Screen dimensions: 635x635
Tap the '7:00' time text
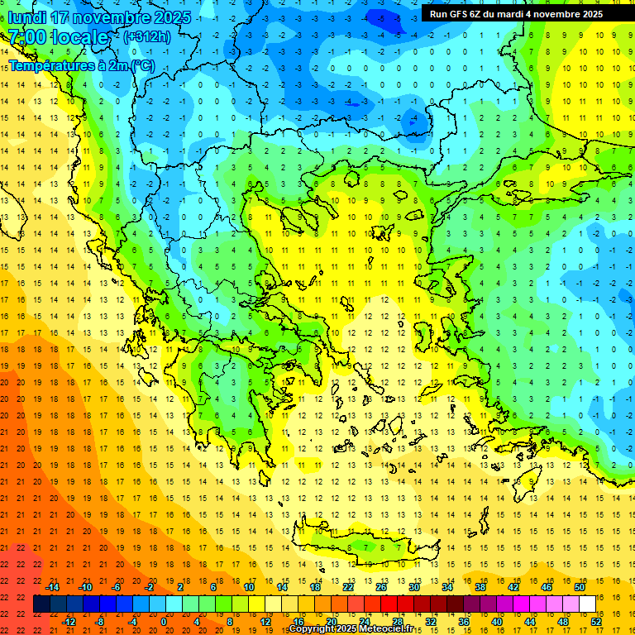point(26,37)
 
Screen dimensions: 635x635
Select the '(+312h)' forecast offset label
point(146,36)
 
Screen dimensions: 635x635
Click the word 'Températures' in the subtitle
point(49,64)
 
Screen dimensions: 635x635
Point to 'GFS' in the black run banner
point(460,14)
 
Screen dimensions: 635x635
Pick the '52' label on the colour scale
point(596,622)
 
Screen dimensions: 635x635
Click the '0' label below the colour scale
point(163,622)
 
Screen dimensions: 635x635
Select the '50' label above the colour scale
point(579,587)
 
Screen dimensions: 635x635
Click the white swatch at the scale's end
point(587,604)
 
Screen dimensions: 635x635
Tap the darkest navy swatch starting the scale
point(41,604)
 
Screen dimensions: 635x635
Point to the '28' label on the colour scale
point(397,622)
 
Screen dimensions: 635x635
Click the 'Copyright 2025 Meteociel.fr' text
point(351,629)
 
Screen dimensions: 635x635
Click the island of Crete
point(356,542)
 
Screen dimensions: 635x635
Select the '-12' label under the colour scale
point(69,622)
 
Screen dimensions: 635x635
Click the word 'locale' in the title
point(79,37)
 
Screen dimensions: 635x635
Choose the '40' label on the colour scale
point(496,622)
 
